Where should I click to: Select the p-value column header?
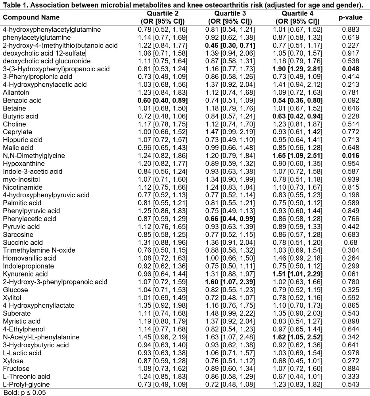pos(350,17)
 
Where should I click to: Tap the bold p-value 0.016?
pos(350,156)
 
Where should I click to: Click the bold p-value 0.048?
pos(350,69)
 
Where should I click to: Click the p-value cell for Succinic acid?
pos(350,242)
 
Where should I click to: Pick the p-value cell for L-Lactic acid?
pos(350,352)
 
